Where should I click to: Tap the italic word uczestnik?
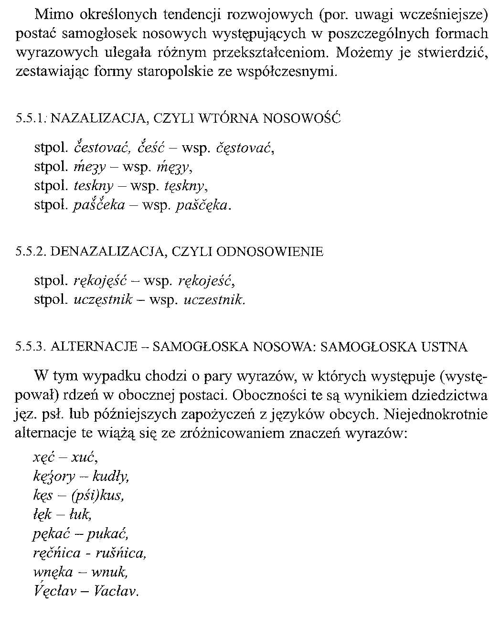(x=214, y=300)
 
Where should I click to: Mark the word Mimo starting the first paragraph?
(x=50, y=15)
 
